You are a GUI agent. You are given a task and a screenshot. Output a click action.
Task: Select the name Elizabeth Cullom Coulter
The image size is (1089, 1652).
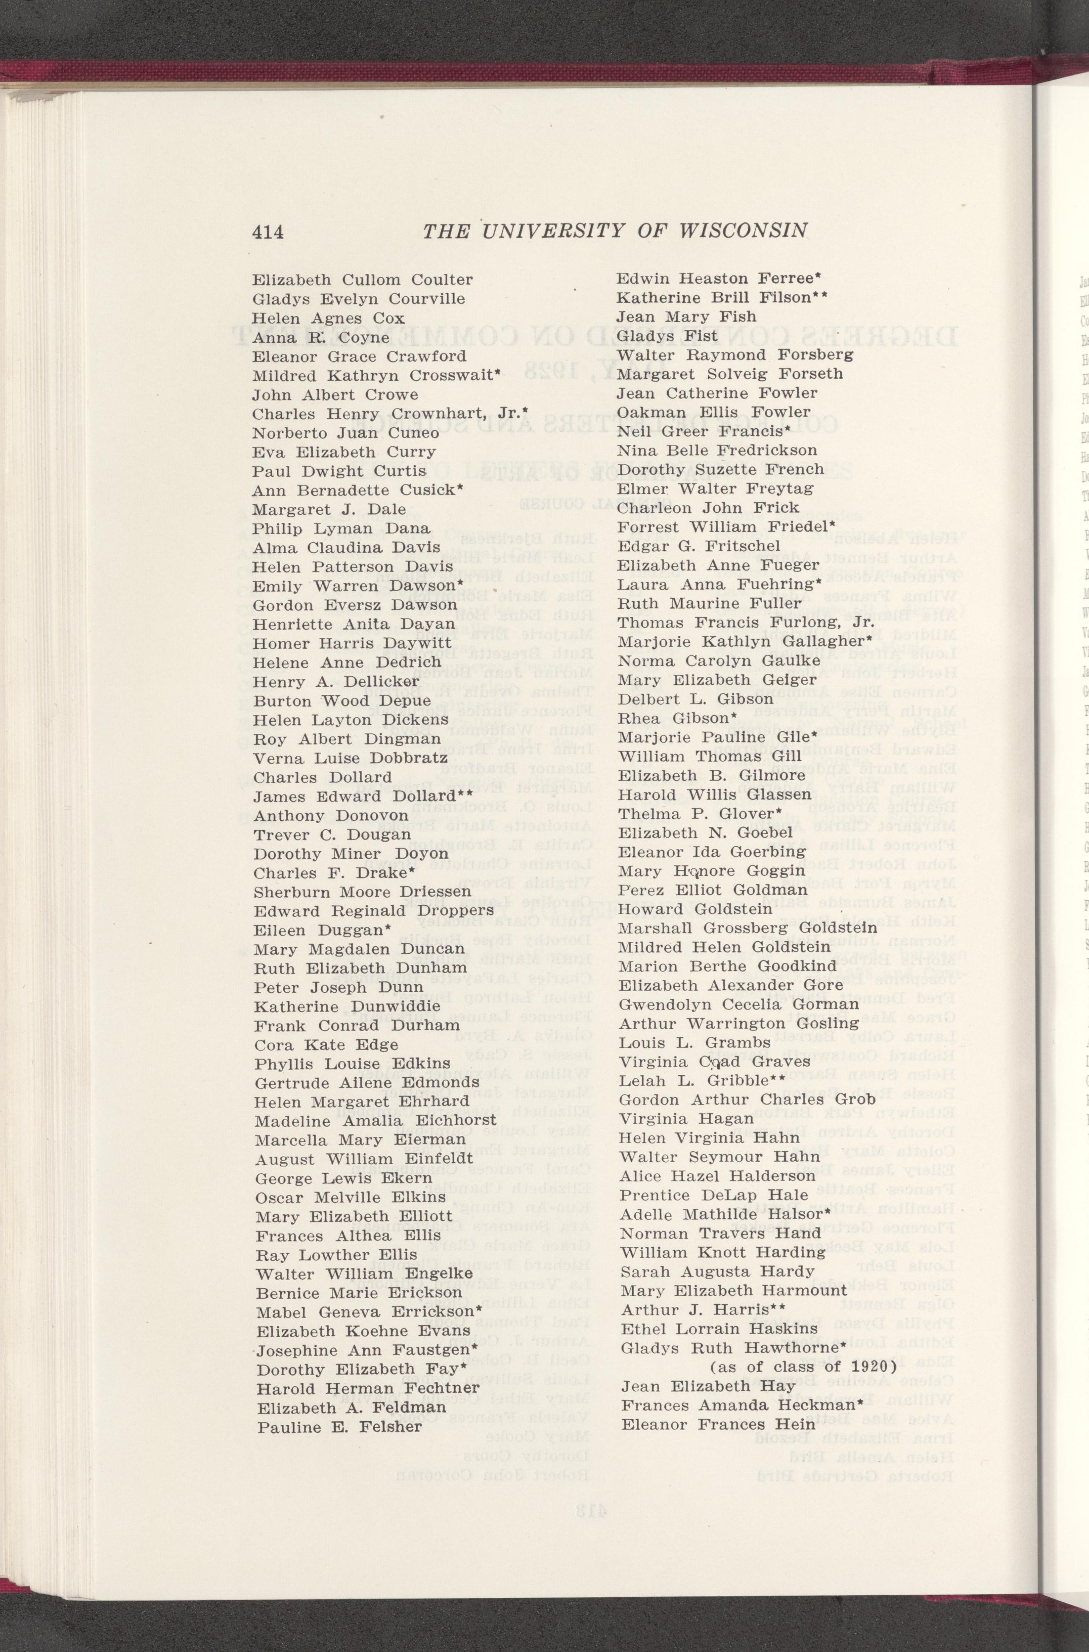362,280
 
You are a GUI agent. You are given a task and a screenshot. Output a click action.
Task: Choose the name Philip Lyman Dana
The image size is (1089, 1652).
341,529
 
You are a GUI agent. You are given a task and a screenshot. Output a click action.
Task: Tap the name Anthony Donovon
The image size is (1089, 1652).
331,815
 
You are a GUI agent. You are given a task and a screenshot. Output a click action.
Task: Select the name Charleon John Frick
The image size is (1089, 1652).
708,508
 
